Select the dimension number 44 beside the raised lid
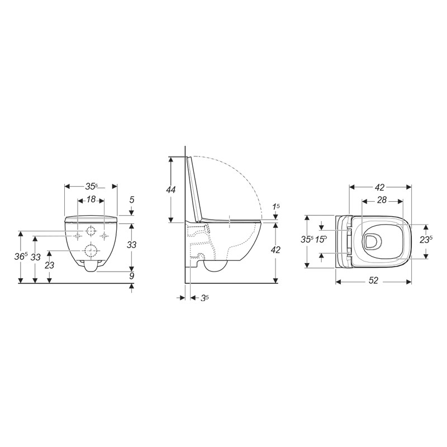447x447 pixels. (171, 190)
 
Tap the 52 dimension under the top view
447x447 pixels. (374, 281)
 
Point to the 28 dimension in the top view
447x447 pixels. (383, 200)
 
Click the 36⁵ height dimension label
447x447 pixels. (21, 256)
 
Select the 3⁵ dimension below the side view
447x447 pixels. (205, 298)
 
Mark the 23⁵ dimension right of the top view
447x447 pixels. (427, 241)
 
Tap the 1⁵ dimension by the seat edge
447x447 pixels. (276, 206)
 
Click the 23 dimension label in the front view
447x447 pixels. (50, 265)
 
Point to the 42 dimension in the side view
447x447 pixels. (277, 250)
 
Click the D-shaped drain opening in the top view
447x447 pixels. (370, 241)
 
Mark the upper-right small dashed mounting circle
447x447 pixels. (103, 231)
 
